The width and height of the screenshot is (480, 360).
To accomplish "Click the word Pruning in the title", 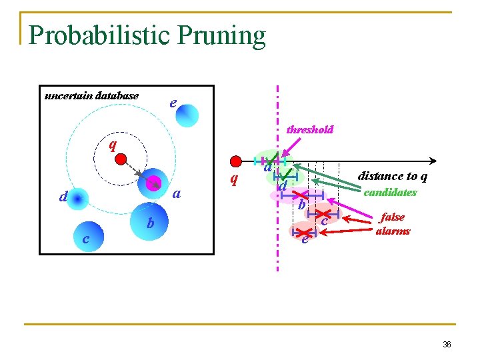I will click(x=227, y=35).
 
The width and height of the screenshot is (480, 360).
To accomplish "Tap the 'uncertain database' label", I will click(x=91, y=95).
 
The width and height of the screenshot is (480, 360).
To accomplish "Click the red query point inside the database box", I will click(x=121, y=159).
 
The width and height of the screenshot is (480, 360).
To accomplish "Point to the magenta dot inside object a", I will click(x=153, y=183).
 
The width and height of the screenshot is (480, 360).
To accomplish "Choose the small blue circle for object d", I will click(x=78, y=199).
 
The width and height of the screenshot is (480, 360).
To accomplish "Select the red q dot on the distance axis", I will click(x=235, y=161).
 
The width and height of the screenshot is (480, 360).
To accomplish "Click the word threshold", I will click(x=309, y=129).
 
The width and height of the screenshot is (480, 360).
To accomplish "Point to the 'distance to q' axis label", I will click(x=393, y=176).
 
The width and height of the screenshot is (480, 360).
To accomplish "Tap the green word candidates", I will click(x=390, y=192).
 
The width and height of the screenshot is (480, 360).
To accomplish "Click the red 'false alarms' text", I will click(x=393, y=224).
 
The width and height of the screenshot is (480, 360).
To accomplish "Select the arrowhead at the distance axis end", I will click(x=433, y=161).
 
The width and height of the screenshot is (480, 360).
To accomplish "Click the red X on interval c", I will click(x=324, y=215).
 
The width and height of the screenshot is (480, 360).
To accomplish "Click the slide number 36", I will click(x=447, y=345).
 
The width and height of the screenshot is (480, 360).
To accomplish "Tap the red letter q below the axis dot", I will click(x=233, y=179).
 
